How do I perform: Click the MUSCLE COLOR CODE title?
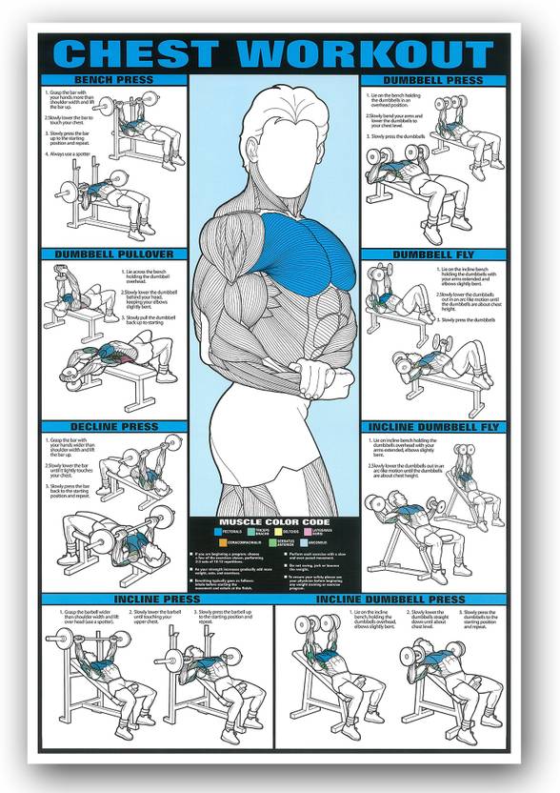pyautogui.click(x=275, y=522)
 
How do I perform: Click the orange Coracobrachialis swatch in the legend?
pyautogui.click(x=221, y=543)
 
